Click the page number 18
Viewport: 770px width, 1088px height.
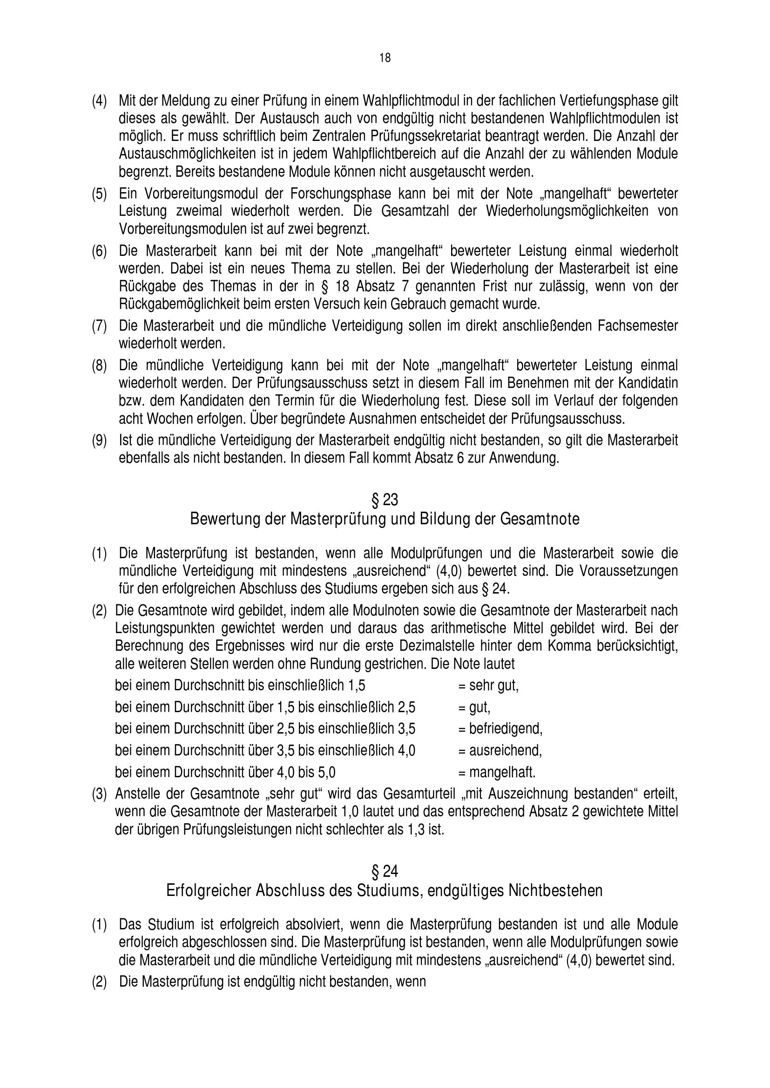pos(385,58)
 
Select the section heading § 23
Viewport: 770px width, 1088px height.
pos(385,500)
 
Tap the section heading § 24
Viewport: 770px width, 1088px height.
pos(385,871)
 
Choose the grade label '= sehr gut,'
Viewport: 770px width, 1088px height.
pos(488,686)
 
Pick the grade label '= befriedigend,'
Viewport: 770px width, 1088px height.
pos(500,728)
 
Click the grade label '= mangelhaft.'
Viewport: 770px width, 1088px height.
pos(497,773)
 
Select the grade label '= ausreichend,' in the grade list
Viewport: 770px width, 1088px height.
pos(500,750)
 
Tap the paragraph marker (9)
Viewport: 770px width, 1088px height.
pos(99,441)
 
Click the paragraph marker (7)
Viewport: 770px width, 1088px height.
pos(99,326)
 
